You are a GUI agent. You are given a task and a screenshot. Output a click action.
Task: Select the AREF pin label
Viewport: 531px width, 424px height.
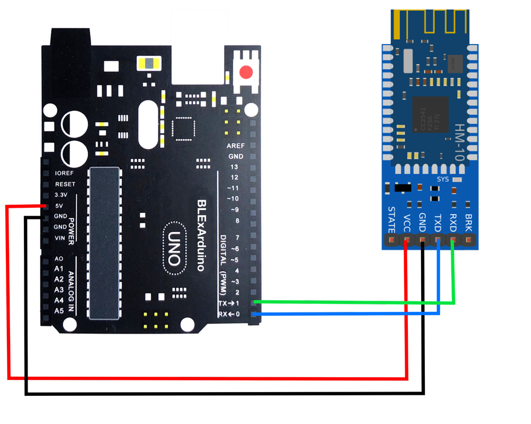click(x=235, y=146)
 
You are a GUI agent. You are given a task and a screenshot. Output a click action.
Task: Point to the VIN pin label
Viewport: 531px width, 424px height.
click(x=60, y=238)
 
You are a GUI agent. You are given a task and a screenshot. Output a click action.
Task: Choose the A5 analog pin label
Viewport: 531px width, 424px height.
click(x=59, y=310)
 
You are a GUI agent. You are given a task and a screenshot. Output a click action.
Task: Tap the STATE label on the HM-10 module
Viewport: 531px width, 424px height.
click(x=391, y=219)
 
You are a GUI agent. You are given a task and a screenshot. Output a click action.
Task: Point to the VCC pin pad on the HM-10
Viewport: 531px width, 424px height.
click(x=407, y=241)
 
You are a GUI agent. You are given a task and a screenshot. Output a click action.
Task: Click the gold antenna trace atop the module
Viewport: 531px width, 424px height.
click(x=430, y=21)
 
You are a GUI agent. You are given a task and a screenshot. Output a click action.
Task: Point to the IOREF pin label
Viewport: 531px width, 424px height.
click(x=65, y=173)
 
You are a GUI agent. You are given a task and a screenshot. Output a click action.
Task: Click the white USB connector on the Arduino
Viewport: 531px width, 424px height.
click(x=196, y=45)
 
